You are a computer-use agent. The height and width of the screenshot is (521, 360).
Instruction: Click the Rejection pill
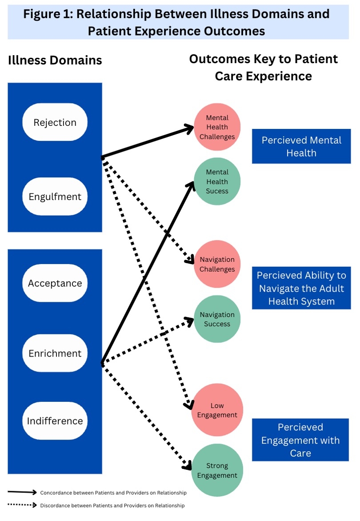55,122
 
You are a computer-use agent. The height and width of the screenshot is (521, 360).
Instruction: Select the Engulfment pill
55,196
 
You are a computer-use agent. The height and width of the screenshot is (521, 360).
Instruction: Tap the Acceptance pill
55,283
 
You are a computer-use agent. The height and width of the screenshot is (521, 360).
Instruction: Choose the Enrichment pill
55,353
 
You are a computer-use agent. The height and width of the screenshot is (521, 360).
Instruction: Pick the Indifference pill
55,421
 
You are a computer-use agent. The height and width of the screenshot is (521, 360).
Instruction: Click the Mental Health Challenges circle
217,127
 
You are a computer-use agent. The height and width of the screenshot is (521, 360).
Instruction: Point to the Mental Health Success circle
217,181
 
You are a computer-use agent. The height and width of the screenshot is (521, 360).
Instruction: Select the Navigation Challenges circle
217,264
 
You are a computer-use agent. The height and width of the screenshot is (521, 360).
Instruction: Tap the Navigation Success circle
217,319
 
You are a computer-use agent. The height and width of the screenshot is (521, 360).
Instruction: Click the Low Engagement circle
217,410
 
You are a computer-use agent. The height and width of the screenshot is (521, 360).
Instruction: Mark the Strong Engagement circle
217,470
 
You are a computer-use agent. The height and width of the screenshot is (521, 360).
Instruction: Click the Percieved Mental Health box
301,146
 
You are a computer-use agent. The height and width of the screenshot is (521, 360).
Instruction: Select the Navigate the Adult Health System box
301,288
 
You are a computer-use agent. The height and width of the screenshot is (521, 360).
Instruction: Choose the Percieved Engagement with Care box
300,440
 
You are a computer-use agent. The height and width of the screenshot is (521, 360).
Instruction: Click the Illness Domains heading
55,60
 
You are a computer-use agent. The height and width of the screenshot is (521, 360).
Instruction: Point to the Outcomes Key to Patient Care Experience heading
264,67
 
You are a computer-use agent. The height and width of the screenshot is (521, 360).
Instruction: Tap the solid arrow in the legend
22,492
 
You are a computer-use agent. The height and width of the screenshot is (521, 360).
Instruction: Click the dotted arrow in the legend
22,505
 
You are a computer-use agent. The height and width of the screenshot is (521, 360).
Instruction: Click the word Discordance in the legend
54,505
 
